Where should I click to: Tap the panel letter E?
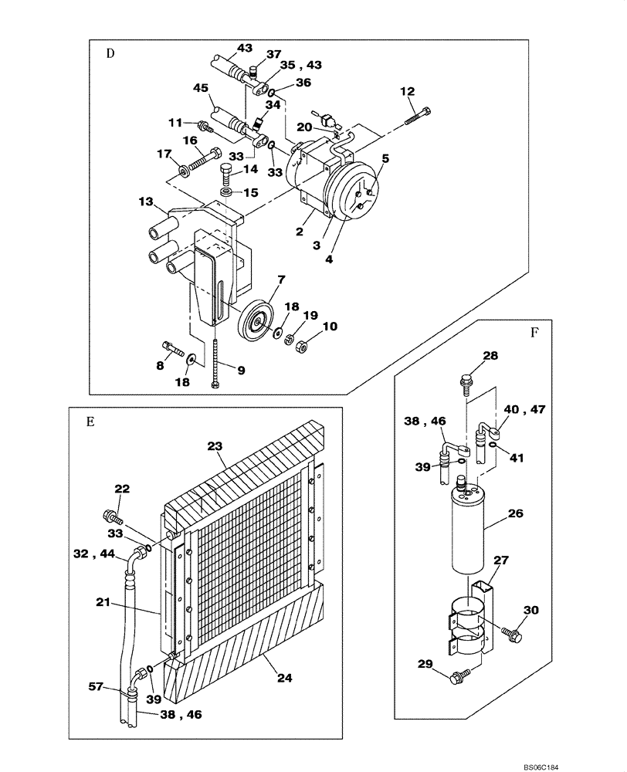click(x=90, y=422)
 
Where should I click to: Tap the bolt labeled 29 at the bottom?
click(x=457, y=679)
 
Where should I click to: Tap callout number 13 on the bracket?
click(x=147, y=201)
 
